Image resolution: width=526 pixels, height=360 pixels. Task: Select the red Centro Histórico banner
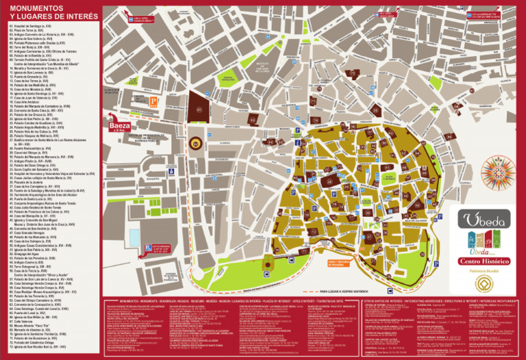tap(484, 261)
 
